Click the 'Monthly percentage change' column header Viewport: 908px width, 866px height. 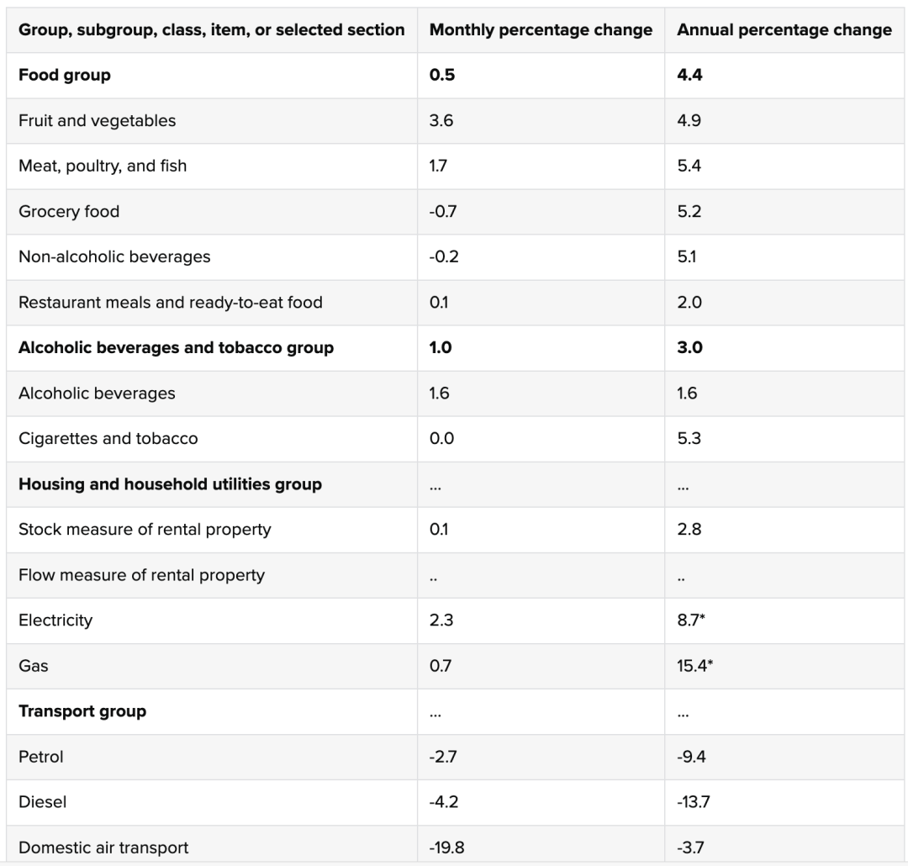click(x=541, y=30)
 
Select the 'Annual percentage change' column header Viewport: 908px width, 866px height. click(x=784, y=30)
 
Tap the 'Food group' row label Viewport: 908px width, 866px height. click(x=64, y=76)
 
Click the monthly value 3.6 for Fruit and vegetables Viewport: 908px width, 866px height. click(x=441, y=120)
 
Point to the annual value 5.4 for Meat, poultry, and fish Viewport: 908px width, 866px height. click(x=689, y=166)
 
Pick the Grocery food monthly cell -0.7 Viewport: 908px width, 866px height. click(x=443, y=211)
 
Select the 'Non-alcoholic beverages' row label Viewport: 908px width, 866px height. click(x=114, y=256)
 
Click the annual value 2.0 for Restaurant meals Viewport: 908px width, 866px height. click(x=689, y=303)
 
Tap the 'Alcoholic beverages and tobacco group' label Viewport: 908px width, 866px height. click(x=176, y=347)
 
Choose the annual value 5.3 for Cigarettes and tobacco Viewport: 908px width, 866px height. click(x=689, y=439)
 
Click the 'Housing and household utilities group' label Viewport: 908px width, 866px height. click(x=170, y=484)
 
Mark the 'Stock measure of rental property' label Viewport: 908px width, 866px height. click(x=145, y=530)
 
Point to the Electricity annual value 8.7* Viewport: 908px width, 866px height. click(x=691, y=620)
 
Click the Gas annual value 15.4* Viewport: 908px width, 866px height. click(x=695, y=666)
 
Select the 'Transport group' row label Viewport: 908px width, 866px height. click(x=82, y=711)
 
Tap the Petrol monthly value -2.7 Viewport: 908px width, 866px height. click(x=443, y=757)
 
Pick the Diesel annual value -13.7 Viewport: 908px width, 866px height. click(x=693, y=802)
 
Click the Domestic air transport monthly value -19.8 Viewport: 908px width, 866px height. click(x=446, y=848)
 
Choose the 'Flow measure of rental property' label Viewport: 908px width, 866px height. click(x=142, y=575)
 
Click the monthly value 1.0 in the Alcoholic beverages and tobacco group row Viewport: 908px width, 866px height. click(x=441, y=347)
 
